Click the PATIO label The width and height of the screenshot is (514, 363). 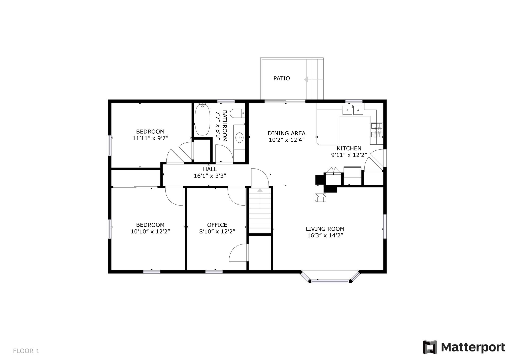[x=282, y=78]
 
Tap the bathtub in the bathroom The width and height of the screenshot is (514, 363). [x=202, y=120]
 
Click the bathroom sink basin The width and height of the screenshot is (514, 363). [x=239, y=138]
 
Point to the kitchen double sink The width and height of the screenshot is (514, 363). [x=353, y=110]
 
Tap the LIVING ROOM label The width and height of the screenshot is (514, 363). [x=325, y=229]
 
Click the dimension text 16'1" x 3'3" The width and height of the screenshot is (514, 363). [x=210, y=176]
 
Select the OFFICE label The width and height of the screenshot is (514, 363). [x=217, y=225]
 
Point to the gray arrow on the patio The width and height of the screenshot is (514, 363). [x=306, y=79]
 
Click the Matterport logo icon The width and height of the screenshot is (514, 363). [x=430, y=347]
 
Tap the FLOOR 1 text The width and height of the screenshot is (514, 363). [x=26, y=351]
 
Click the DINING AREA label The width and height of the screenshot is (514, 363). [x=286, y=133]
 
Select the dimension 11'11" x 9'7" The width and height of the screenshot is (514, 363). [x=150, y=138]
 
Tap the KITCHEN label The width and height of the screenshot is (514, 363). [x=349, y=148]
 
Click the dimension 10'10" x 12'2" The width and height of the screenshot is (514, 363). [x=150, y=232]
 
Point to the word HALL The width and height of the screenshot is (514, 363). [x=210, y=169]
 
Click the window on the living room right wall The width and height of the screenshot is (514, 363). [x=385, y=227]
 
